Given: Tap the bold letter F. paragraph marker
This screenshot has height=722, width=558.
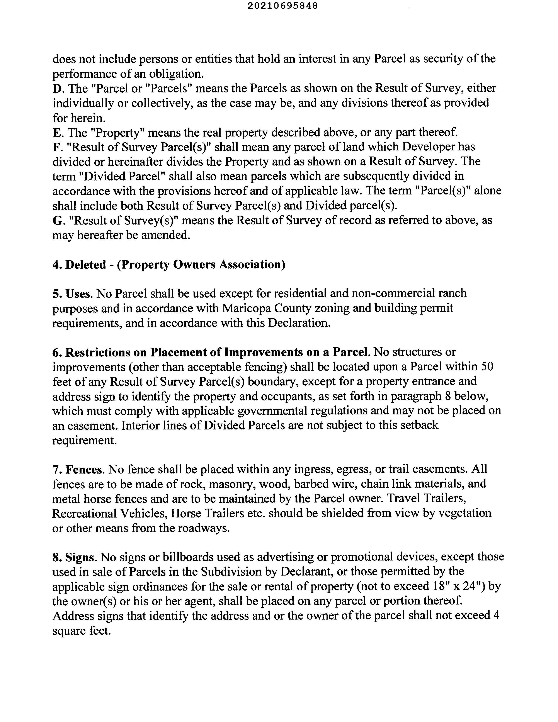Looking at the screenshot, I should coord(56,147).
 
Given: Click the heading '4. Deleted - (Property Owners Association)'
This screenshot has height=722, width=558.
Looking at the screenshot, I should coord(168,265).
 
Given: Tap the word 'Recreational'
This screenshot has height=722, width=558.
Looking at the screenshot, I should coord(84,513).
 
